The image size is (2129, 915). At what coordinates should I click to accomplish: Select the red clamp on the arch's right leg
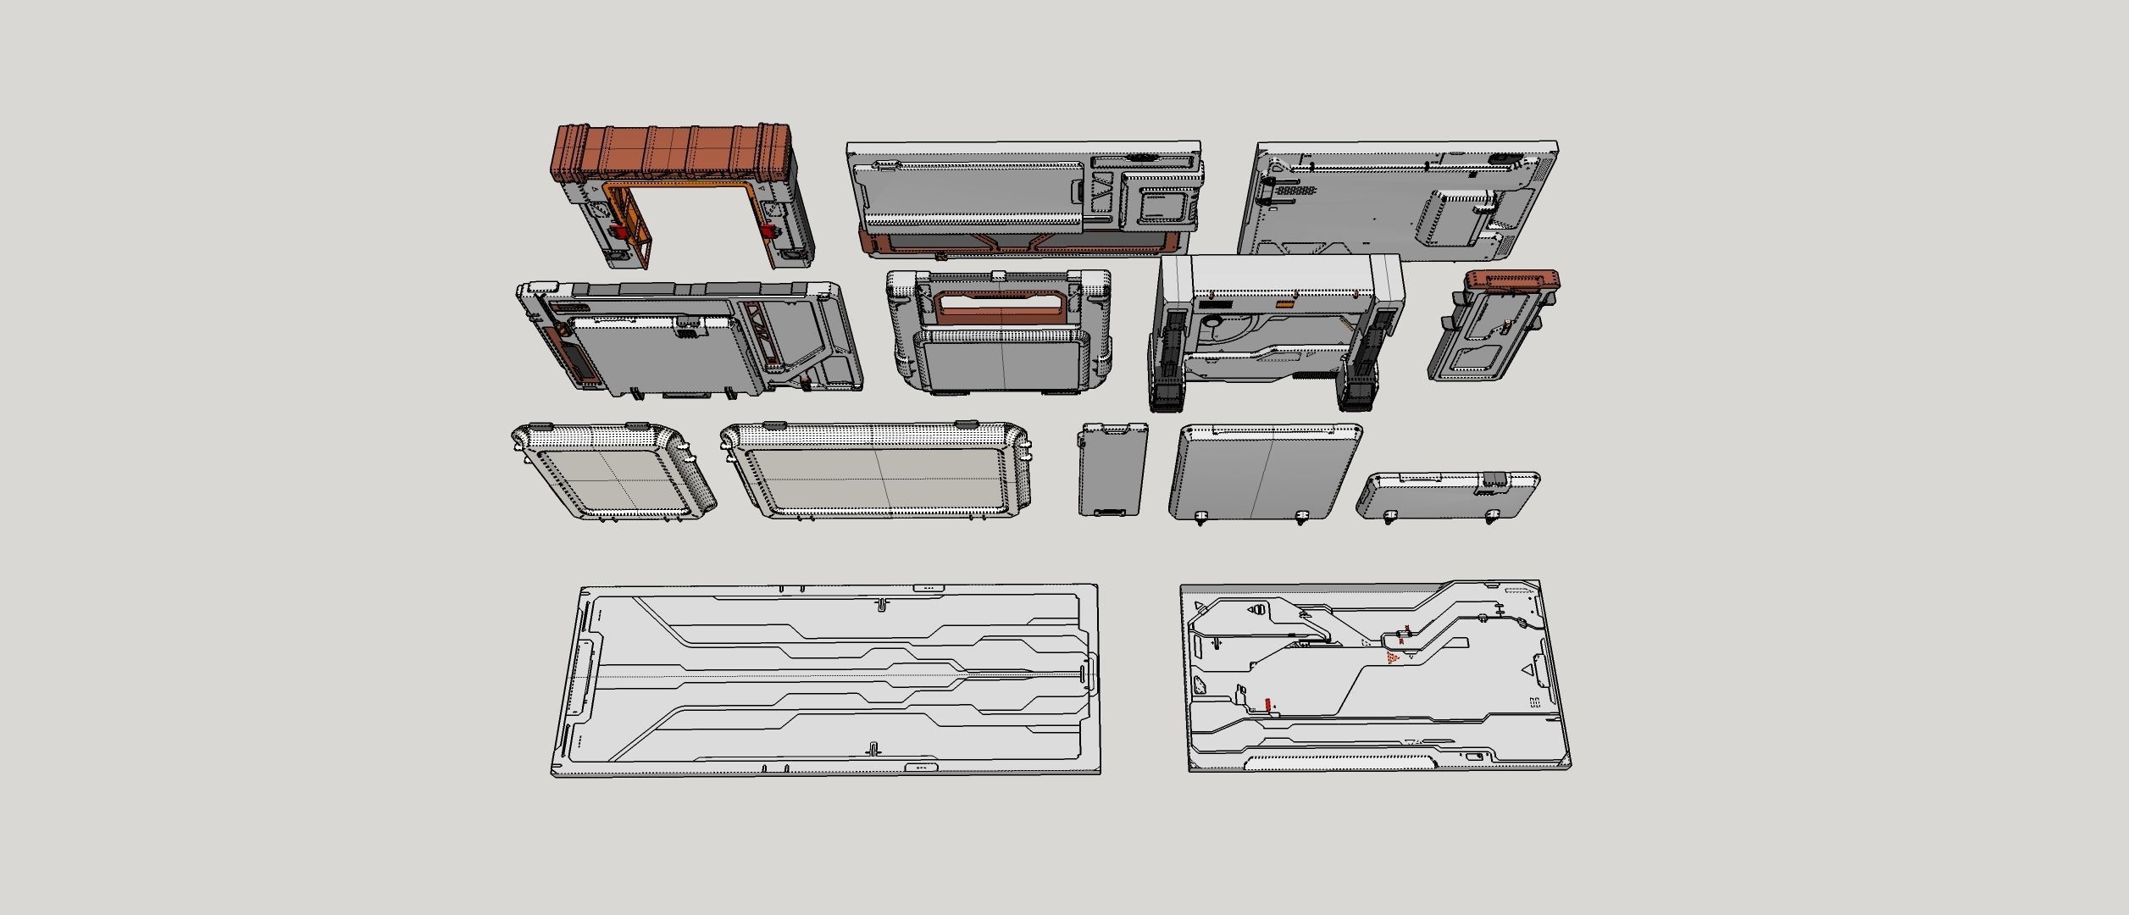click(768, 231)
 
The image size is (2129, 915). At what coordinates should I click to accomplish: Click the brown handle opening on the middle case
click(1000, 306)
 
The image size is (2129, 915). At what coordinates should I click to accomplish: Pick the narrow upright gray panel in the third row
click(1112, 470)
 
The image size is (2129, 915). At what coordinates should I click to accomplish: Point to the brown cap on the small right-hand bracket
click(1511, 280)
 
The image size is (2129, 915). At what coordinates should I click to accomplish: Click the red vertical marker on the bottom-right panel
click(1267, 704)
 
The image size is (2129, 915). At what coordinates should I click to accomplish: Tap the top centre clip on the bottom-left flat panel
click(881, 604)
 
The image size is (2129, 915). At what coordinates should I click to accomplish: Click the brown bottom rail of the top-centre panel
click(1017, 244)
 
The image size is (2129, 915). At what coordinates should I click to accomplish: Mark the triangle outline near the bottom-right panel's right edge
click(1527, 670)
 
